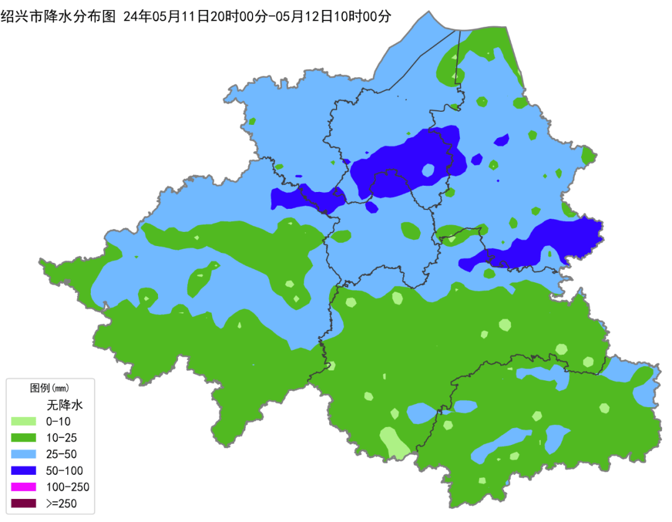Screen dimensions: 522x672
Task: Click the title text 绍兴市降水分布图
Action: (58, 17)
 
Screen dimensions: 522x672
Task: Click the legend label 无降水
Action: (65, 405)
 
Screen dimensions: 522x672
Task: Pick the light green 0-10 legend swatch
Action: (25, 421)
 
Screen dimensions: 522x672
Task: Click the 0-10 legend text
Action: (58, 421)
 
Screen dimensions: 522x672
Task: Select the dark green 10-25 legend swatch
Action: (25, 437)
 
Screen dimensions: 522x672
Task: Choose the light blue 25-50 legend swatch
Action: (25, 454)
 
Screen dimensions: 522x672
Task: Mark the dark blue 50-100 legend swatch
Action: (25, 470)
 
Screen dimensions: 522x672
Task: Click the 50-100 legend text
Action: (64, 470)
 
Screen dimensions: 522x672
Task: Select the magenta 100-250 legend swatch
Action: (25, 487)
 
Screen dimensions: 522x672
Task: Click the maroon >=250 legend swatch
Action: (25, 503)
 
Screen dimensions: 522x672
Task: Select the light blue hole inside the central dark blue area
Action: (428, 170)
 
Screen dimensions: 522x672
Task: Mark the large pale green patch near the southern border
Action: (394, 442)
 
